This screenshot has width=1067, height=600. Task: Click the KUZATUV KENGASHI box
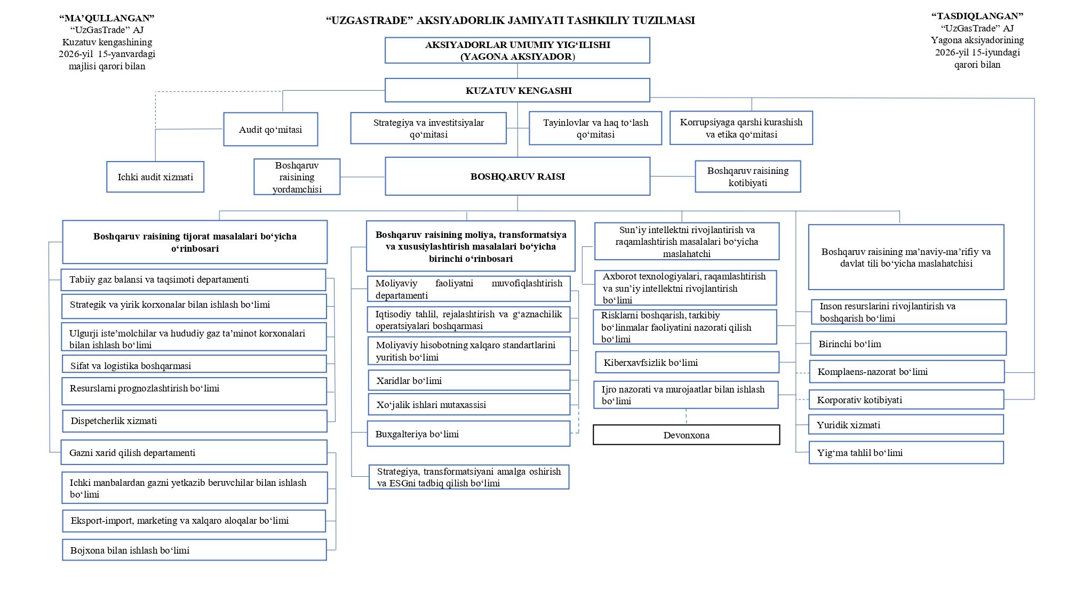pos(517,90)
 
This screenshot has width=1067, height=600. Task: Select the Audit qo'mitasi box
pos(270,129)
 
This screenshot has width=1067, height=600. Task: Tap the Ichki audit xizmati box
pos(155,177)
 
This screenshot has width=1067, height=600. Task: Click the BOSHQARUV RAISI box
pos(517,176)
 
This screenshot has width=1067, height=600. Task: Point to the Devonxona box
pos(686,435)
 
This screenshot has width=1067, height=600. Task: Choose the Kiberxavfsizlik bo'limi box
pos(687,362)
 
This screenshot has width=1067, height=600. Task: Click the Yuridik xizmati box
pos(906,425)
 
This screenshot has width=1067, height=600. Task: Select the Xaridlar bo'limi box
pos(469,380)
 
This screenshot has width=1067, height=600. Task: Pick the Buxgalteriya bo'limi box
pos(468,434)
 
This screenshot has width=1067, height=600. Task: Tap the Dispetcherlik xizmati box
pos(195,421)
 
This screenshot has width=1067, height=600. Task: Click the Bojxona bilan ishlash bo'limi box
pos(194,550)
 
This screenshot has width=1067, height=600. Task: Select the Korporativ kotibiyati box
pos(906,399)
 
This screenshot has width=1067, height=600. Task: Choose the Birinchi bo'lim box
pos(909,343)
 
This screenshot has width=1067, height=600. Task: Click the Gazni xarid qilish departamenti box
pos(194,452)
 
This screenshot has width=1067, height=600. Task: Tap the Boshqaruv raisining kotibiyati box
pos(747,177)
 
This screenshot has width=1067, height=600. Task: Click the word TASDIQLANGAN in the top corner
pos(977,16)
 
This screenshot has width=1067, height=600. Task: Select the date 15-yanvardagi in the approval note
pos(126,54)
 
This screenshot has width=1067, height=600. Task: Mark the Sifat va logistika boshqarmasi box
pos(194,364)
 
